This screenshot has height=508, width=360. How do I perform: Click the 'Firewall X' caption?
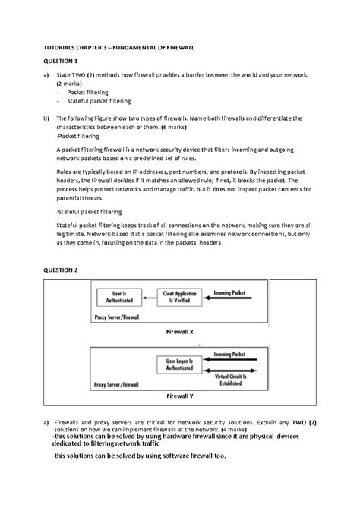[179, 333]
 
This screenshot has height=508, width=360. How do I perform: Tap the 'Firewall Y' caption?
[179, 396]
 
